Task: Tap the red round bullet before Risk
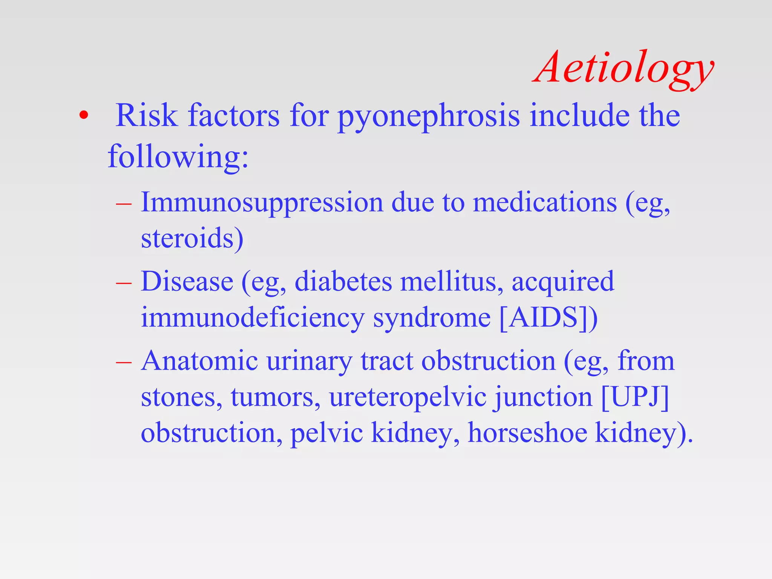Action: click(x=84, y=116)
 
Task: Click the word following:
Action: click(x=178, y=156)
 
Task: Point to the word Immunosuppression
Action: click(x=262, y=203)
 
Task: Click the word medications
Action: click(x=545, y=203)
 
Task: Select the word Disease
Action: click(x=187, y=282)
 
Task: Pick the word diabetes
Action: click(x=343, y=282)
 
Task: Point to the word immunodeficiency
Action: click(x=252, y=317)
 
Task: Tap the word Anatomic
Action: click(x=199, y=361)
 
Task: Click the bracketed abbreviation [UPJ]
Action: click(x=635, y=397)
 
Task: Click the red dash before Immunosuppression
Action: click(x=124, y=204)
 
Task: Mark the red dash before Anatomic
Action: click(x=124, y=362)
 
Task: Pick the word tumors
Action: click(x=275, y=397)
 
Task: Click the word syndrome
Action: click(x=432, y=317)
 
